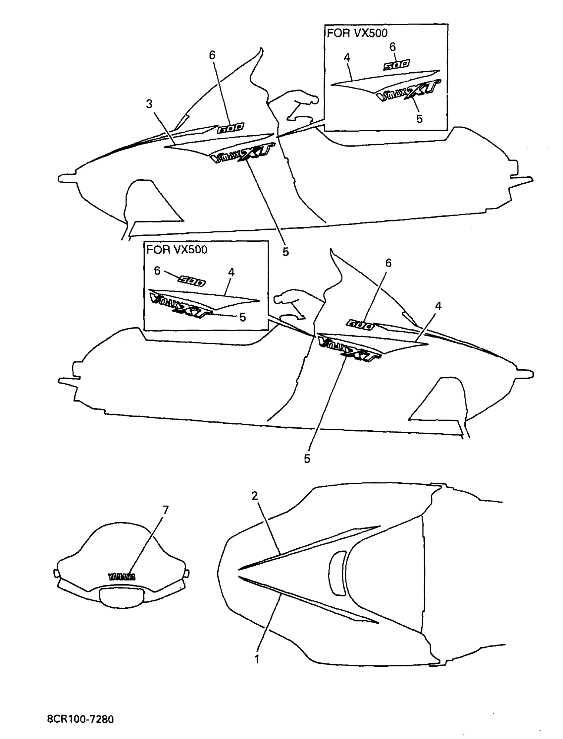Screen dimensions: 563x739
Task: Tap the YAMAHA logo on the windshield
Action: click(122, 577)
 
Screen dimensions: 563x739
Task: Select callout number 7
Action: click(165, 510)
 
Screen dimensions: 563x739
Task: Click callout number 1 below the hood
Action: click(257, 659)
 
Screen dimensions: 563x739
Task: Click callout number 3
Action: click(149, 104)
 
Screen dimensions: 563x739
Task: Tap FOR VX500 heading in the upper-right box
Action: click(357, 33)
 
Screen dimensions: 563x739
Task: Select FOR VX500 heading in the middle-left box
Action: click(177, 250)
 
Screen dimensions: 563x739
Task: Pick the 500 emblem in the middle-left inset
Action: click(192, 281)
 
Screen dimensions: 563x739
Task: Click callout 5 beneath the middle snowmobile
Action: click(307, 459)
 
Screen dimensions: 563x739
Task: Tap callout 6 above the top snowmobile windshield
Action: click(212, 55)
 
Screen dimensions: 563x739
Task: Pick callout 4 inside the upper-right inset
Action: click(347, 58)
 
